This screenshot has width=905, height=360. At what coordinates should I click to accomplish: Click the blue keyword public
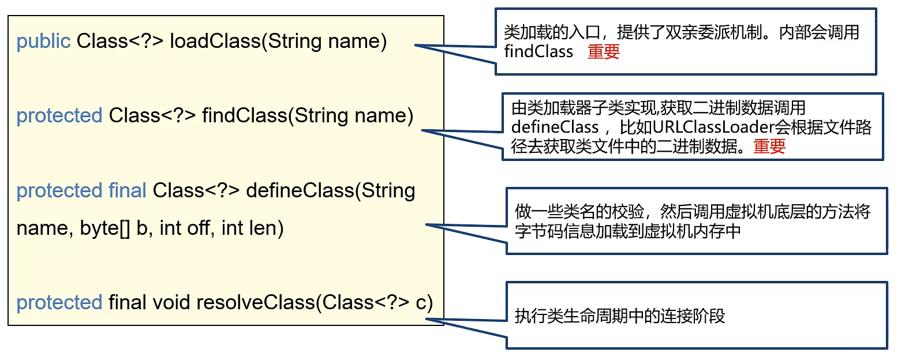pyautogui.click(x=43, y=42)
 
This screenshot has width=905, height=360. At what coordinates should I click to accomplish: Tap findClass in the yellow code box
pyautogui.click(x=244, y=116)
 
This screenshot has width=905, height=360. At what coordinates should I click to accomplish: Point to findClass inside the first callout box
pyautogui.click(x=538, y=52)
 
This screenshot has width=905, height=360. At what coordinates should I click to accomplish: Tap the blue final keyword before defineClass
pyautogui.click(x=127, y=190)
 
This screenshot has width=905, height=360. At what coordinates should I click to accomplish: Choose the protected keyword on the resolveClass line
pyautogui.click(x=59, y=302)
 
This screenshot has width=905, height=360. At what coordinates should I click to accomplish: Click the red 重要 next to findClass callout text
pyautogui.click(x=604, y=52)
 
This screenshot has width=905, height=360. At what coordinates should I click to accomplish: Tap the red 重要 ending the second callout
pyautogui.click(x=769, y=147)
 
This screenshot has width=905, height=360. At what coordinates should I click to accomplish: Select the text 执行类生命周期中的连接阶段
pyautogui.click(x=619, y=316)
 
